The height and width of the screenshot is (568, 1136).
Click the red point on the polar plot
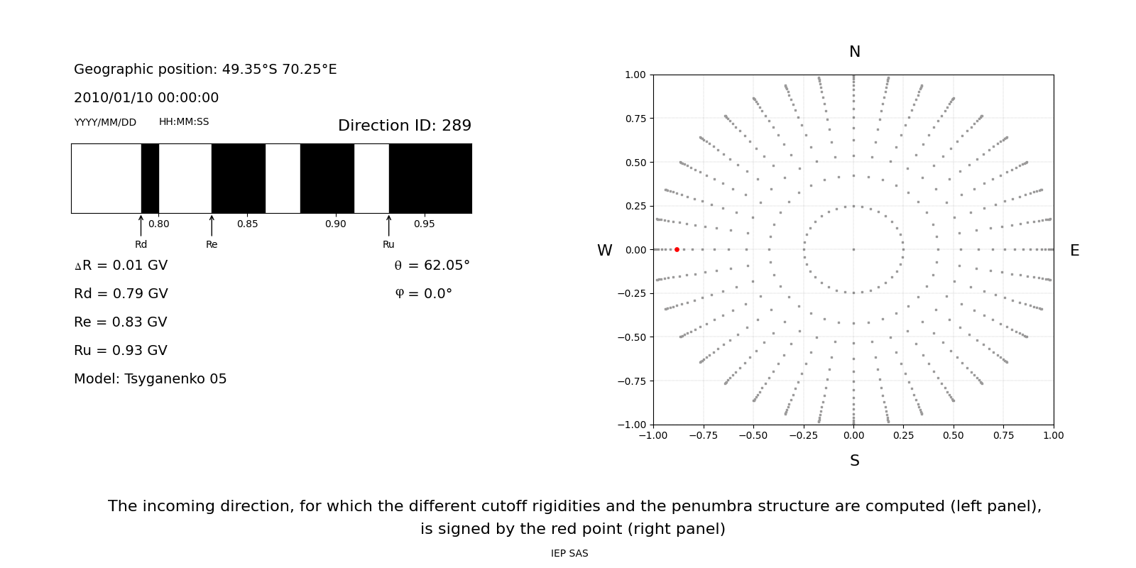point(677,249)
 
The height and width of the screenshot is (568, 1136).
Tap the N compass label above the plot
point(854,52)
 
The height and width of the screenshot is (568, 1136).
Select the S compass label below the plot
point(854,461)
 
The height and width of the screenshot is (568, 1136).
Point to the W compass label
point(604,251)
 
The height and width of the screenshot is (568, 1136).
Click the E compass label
point(1074,251)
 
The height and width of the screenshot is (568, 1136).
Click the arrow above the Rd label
point(141,225)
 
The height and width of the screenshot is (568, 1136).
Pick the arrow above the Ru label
point(388,225)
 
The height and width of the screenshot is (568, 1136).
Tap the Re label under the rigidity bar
point(212,245)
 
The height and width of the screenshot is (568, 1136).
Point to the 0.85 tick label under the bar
point(247,224)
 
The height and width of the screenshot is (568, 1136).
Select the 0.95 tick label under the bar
point(424,224)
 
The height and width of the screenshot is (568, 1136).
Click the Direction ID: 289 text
point(404,126)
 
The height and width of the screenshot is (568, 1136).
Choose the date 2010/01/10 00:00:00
point(146,98)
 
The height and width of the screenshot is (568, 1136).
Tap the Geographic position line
point(205,70)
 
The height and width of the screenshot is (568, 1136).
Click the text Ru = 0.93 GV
point(121,351)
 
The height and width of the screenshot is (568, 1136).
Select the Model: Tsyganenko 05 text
point(151,379)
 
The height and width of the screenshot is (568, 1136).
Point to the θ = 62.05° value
point(432,266)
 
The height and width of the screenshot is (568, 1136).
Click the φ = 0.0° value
point(423,294)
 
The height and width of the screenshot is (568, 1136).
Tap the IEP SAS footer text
point(569,554)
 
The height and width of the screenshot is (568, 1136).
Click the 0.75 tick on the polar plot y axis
point(635,119)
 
